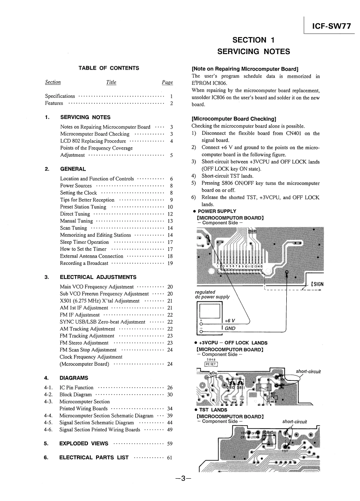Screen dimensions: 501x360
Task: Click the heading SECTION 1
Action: [253, 40]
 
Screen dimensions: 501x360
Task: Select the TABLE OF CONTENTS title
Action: [109, 68]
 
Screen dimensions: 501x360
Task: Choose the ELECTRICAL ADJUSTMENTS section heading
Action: [98, 277]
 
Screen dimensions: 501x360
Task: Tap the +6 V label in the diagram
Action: [230, 321]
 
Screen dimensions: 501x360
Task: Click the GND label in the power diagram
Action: [230, 328]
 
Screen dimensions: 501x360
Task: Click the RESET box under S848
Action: [210, 363]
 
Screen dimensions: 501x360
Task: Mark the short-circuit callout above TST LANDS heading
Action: [308, 371]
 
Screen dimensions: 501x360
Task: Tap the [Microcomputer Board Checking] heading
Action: [234, 119]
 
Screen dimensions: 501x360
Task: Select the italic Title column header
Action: [111, 82]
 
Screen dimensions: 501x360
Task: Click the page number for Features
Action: [171, 104]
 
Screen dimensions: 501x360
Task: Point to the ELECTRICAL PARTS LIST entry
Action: [94, 457]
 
